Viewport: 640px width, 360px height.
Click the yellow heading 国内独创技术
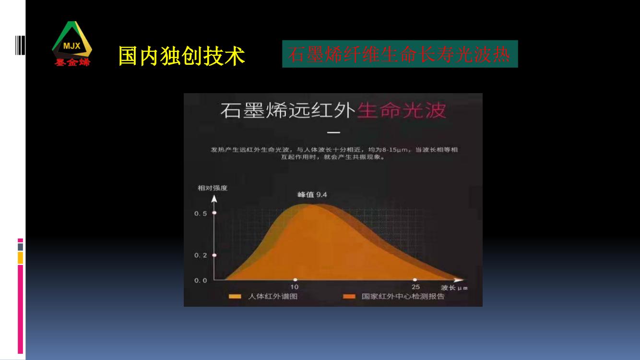click(182, 56)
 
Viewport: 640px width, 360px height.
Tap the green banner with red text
click(400, 54)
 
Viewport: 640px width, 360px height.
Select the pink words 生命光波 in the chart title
click(402, 110)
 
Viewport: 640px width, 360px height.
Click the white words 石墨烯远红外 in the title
click(288, 110)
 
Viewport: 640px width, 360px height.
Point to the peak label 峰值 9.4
click(312, 195)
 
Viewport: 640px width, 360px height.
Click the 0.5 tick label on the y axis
click(201, 214)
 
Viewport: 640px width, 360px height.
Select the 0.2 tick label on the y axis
click(201, 255)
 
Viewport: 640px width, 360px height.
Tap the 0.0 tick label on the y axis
click(201, 280)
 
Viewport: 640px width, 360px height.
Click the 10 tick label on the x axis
click(294, 287)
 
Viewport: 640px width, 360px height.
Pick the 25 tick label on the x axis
click(416, 287)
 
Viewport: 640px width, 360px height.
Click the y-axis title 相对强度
click(212, 188)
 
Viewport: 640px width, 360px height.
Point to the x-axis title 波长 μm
click(454, 288)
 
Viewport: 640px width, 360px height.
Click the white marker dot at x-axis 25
click(415, 280)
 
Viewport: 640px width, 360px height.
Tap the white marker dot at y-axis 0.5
click(214, 213)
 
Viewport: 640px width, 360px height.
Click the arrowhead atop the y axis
click(214, 199)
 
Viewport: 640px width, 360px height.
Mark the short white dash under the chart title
click(333, 132)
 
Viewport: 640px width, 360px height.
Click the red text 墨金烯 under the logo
click(72, 62)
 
